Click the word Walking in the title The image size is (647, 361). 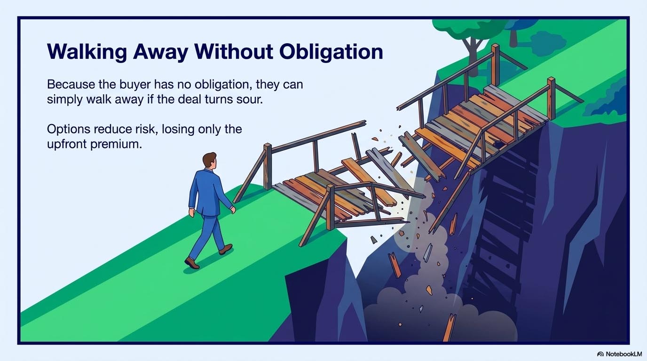pos(87,53)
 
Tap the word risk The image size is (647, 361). pos(147,129)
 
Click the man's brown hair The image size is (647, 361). pos(209,158)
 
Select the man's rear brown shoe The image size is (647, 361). pos(192,263)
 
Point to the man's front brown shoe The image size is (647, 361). pos(225,249)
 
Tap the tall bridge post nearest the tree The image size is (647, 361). pos(496,64)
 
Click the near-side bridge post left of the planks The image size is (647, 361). pos(268,167)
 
